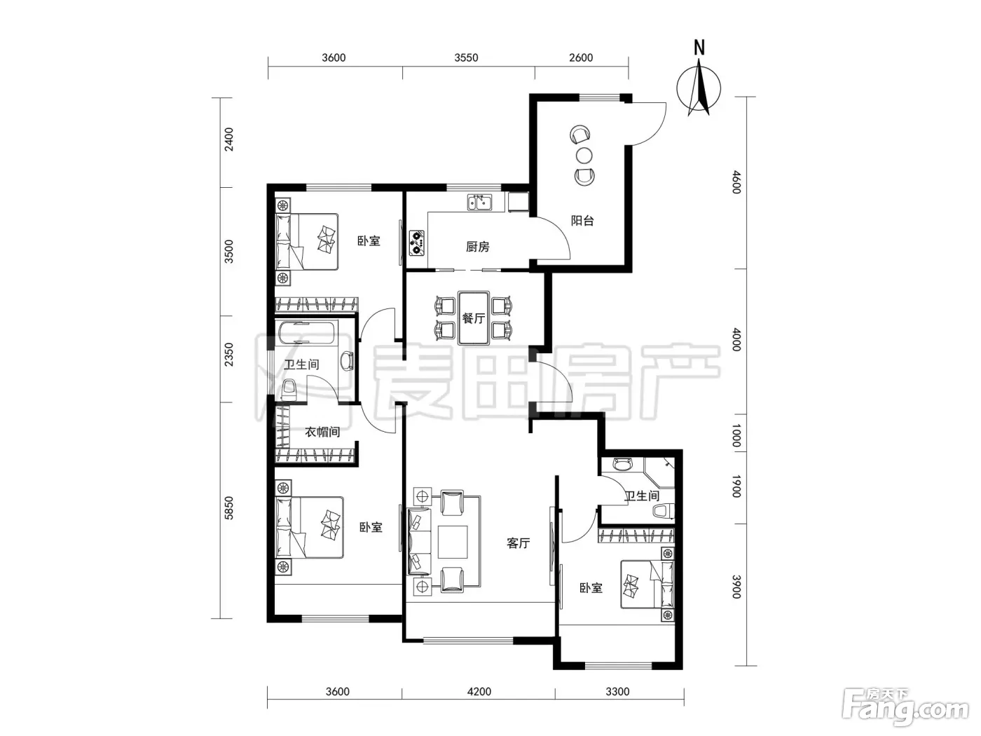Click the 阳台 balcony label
(582, 220)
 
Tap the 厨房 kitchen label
(477, 247)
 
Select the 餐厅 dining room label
(473, 318)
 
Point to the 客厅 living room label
(518, 543)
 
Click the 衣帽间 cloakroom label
(322, 432)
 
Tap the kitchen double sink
(479, 202)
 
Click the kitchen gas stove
(416, 243)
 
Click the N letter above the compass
(699, 48)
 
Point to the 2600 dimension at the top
(581, 57)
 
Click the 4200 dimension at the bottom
(479, 692)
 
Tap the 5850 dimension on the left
(229, 508)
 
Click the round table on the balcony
(584, 156)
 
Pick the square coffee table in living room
(453, 542)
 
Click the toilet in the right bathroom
(664, 511)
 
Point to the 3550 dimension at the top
(466, 57)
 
